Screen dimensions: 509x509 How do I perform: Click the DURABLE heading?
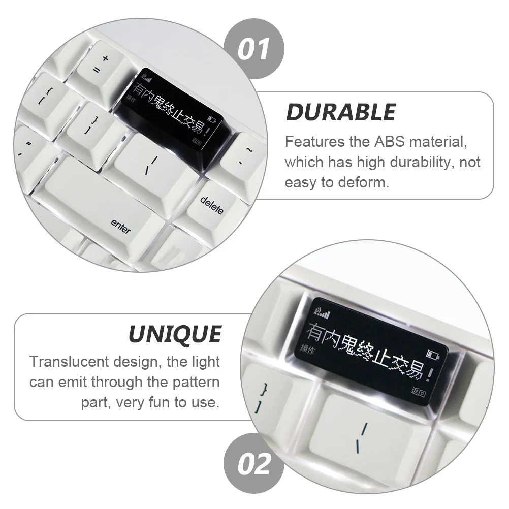pyautogui.click(x=341, y=112)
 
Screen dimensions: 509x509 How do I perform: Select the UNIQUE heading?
pyautogui.click(x=174, y=334)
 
